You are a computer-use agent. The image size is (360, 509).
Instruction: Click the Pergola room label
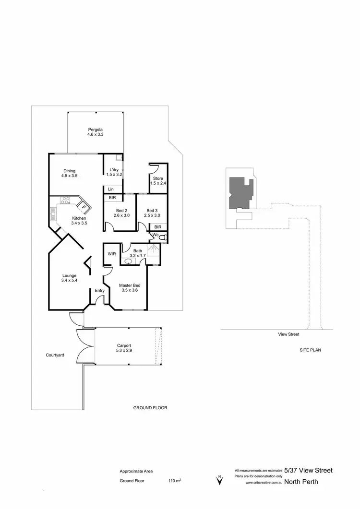(95, 132)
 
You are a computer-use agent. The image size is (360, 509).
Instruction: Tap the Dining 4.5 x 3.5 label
(69, 173)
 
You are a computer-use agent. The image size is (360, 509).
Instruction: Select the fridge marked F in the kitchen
(84, 207)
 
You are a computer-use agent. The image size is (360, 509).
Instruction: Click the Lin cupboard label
(110, 189)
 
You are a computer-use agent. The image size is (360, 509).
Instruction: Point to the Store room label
(157, 180)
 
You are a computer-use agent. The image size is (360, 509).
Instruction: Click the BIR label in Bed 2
(111, 198)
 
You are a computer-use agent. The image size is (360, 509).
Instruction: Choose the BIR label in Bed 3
(157, 227)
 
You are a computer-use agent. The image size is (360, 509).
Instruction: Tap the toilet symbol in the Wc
(162, 237)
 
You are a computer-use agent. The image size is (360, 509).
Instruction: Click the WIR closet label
(111, 253)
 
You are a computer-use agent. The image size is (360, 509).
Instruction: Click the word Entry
(99, 291)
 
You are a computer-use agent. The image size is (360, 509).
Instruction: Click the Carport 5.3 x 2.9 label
(124, 348)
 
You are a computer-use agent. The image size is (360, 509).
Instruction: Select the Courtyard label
(55, 355)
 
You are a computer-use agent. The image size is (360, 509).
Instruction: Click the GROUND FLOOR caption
(150, 408)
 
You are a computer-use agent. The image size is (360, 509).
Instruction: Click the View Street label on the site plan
(288, 334)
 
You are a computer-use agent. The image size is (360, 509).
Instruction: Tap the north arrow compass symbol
(219, 479)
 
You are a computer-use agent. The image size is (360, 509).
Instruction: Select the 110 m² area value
(174, 480)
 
